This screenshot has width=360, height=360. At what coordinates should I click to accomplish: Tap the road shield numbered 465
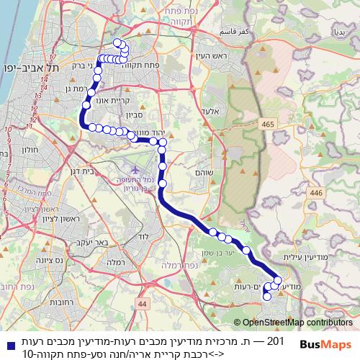(268, 125)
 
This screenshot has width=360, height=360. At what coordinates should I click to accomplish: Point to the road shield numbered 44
(142, 305)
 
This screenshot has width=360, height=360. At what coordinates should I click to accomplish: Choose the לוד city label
(143, 237)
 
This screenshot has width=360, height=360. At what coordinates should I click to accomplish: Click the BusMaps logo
(325, 344)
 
